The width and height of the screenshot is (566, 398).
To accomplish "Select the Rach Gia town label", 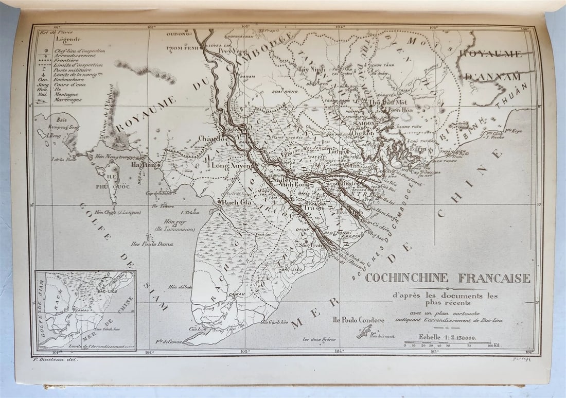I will (236, 202).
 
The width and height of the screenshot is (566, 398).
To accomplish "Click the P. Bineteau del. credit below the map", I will (55, 359).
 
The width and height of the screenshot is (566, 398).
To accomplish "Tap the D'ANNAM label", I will (493, 77).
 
